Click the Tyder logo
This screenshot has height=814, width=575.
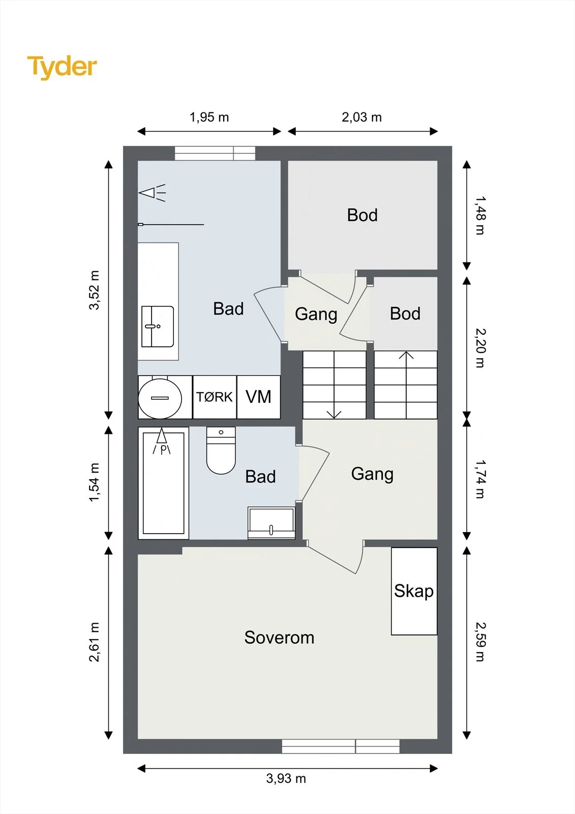(62, 67)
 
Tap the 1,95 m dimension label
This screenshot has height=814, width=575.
(209, 117)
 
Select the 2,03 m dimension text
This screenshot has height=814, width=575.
(362, 117)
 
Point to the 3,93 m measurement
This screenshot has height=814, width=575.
(286, 778)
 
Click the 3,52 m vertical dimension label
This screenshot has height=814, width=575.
(94, 290)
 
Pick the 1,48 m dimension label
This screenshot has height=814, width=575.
(480, 216)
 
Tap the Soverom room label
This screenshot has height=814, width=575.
(279, 637)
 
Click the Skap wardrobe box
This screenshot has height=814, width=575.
(414, 591)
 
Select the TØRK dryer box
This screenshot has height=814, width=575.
(215, 397)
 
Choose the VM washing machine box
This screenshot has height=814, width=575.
(259, 397)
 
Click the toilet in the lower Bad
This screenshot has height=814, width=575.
(221, 450)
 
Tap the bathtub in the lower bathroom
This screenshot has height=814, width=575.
(164, 483)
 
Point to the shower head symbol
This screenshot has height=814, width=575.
(153, 193)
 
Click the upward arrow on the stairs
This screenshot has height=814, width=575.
(406, 385)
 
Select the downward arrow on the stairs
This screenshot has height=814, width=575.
(334, 385)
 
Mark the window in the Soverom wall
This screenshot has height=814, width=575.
(341, 746)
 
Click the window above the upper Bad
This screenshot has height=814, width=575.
(215, 153)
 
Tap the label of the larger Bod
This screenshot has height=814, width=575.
(362, 215)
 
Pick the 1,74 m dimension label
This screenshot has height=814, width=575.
(480, 479)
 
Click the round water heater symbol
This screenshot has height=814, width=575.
(160, 398)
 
